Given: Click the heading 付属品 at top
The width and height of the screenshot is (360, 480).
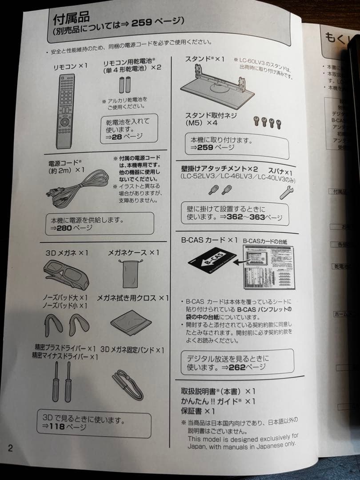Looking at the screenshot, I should coord(71,18).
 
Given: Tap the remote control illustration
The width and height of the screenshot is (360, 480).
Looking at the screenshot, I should coord(65,111).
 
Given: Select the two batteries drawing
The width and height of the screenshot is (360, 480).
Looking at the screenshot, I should coord(125,84).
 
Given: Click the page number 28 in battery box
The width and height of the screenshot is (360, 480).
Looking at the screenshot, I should coord(116,137).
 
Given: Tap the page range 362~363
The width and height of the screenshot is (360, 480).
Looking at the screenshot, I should coord(247,218).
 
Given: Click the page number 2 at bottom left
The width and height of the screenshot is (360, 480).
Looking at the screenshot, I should coord(10,448).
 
